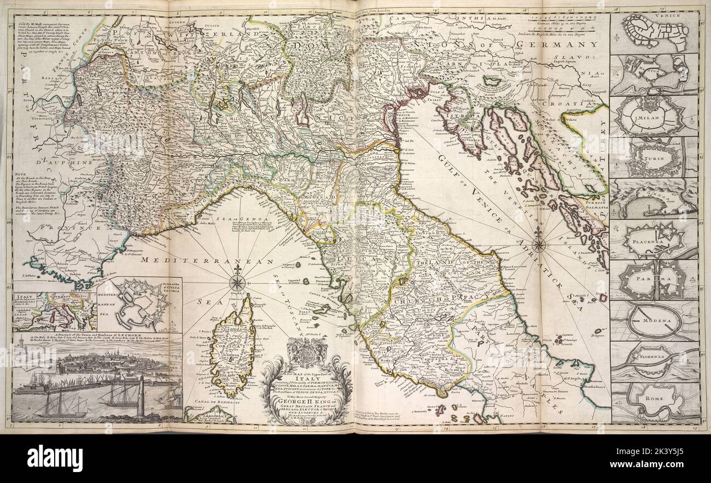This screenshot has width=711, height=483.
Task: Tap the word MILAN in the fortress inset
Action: tap(653, 117)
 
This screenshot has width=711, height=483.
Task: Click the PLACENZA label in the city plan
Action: tap(653, 239)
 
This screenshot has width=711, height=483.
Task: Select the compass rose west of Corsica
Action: tap(237, 282)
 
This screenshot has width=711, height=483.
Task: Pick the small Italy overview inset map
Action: tap(54, 312)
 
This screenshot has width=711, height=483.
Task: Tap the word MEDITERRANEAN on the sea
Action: tap(207, 262)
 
